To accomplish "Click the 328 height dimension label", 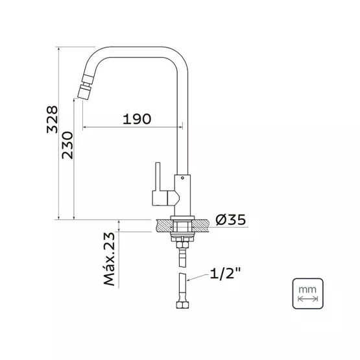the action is pos(52,119).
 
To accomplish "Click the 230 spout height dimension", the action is pos(67,145).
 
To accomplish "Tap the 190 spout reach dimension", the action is pos(137,119).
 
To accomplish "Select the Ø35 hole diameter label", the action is pos(230,219).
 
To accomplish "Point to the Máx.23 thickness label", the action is pos(109,259).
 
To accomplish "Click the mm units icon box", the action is pos(307,294).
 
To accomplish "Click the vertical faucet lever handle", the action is pos(158,176).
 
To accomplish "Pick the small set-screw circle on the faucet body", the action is pos(182,178).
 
